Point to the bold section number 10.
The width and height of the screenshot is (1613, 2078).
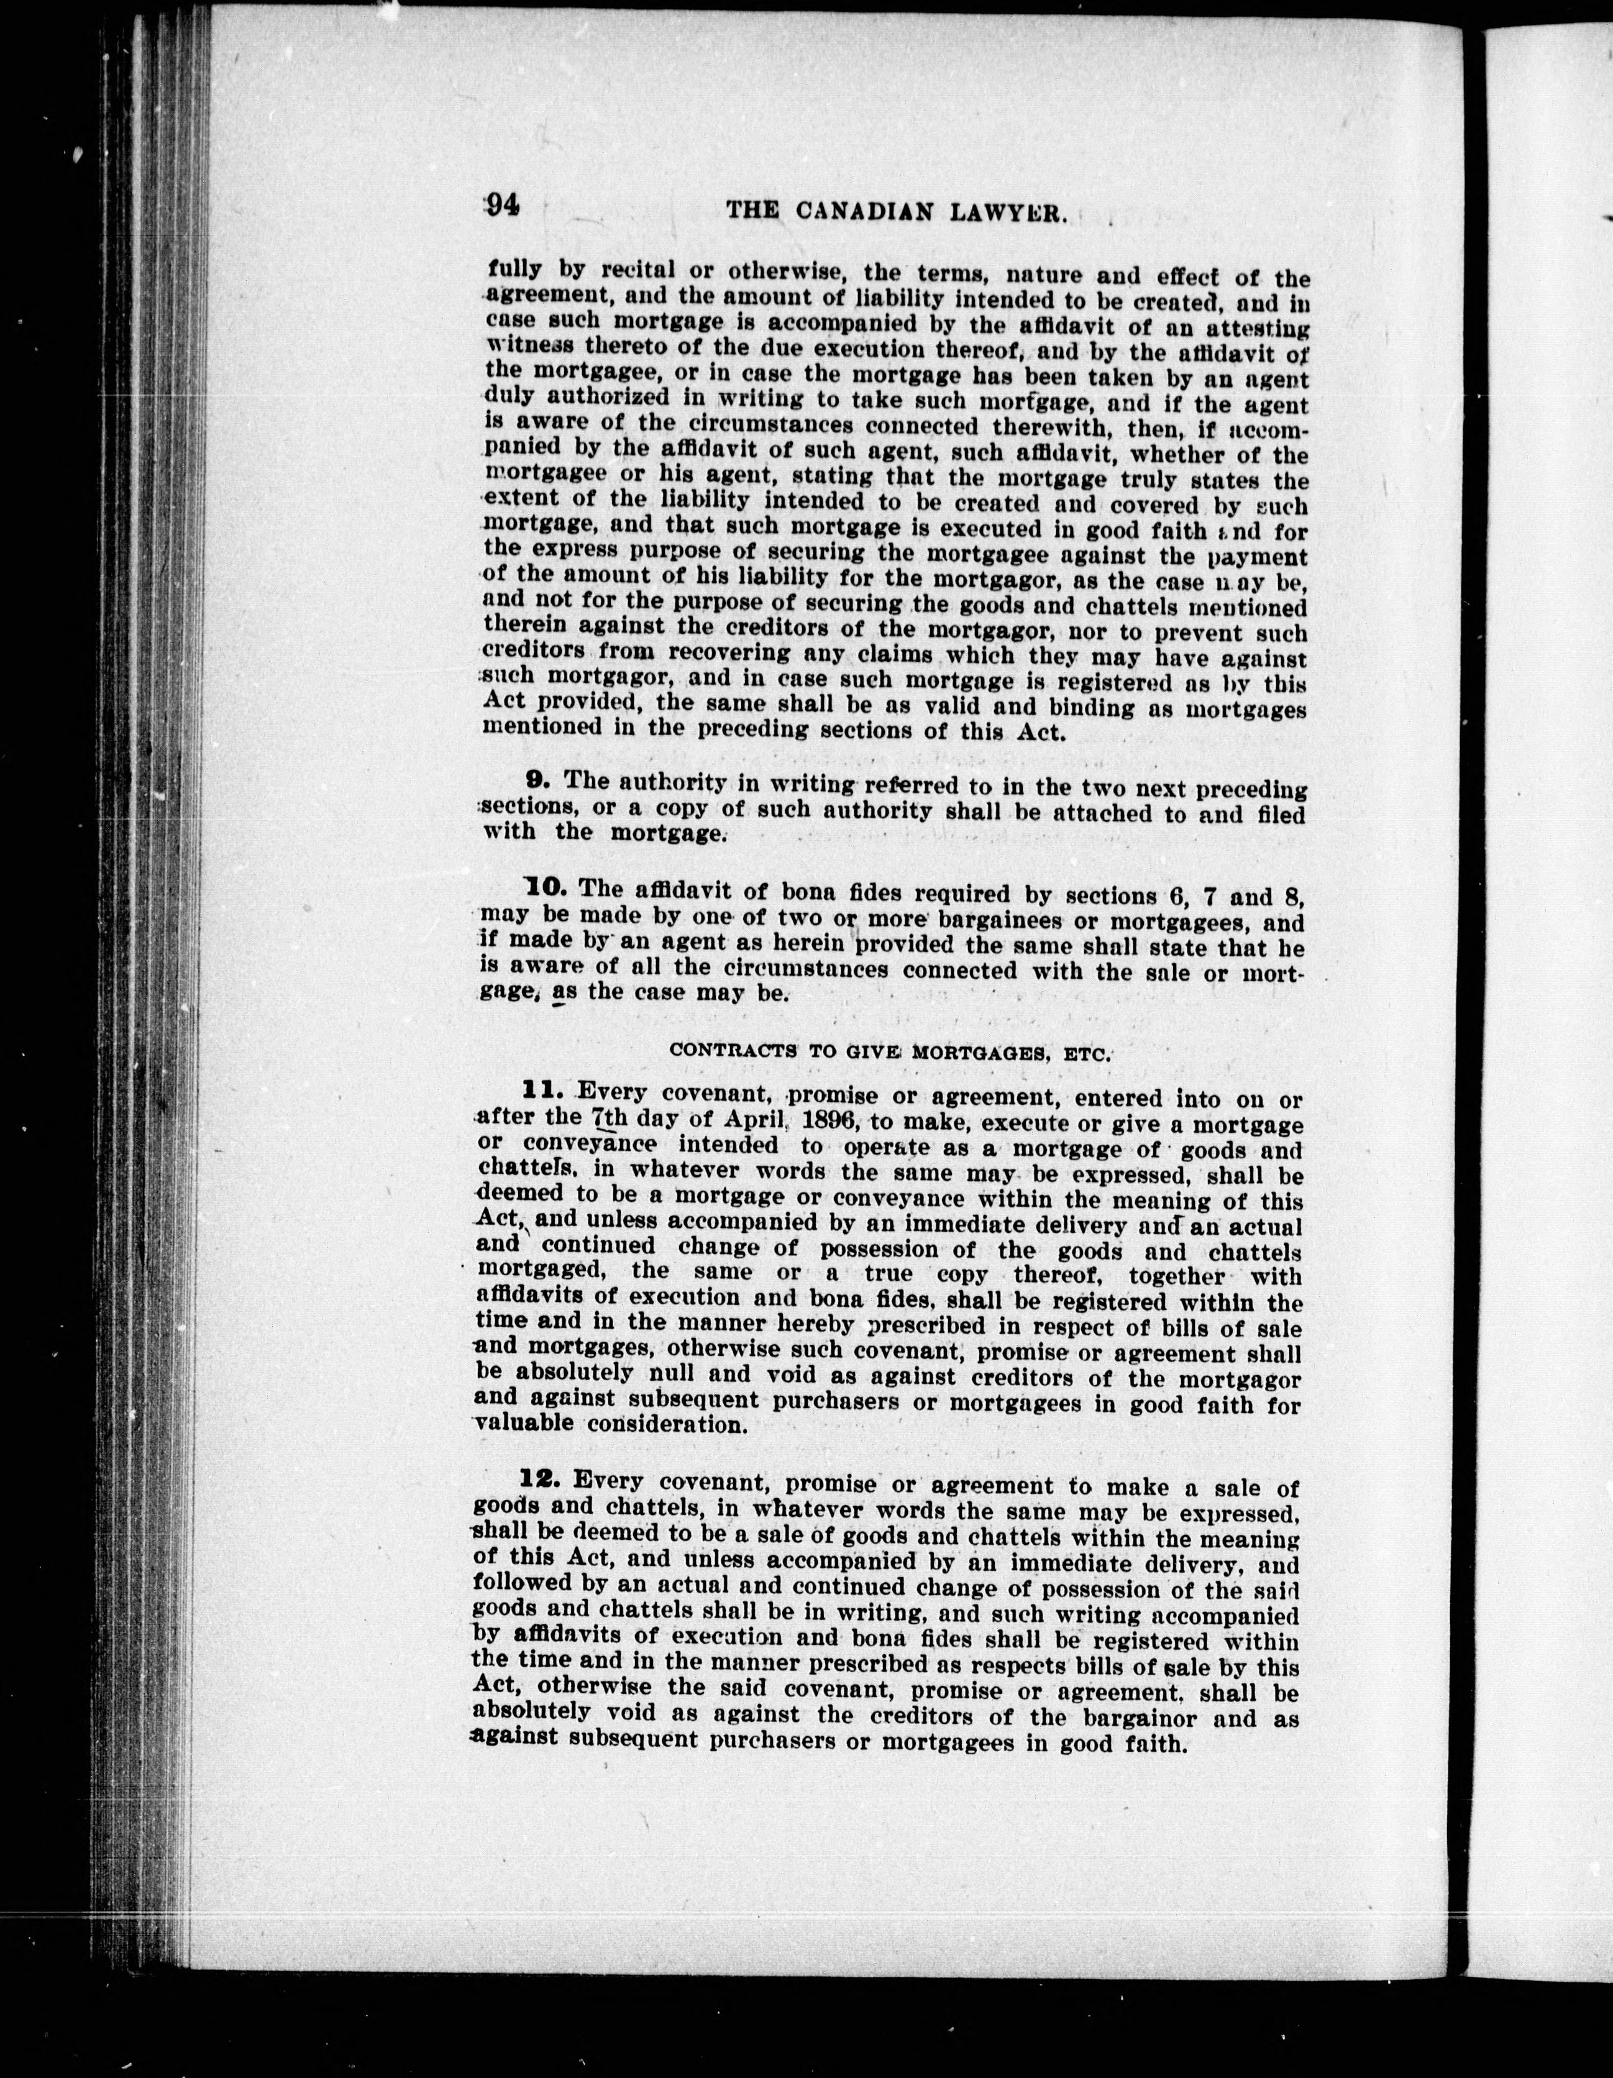[546, 889]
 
